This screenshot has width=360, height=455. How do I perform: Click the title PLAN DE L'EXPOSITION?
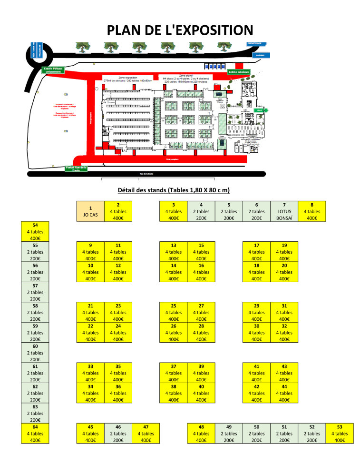coord(180,30)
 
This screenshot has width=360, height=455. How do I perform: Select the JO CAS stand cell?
coord(90,211)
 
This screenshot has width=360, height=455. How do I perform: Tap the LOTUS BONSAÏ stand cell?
coord(284,211)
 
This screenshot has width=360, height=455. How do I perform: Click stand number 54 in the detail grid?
coord(35,231)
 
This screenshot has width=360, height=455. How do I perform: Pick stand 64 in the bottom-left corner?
coord(35,433)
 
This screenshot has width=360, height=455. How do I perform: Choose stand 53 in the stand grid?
coord(340,433)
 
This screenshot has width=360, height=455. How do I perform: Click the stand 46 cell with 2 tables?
coord(118,433)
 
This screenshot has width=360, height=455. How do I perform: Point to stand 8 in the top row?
coord(312,211)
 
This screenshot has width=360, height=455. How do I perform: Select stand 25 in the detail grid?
coord(174,312)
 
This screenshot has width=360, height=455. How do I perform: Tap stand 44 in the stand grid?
coord(284,393)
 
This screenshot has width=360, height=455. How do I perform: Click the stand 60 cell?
coord(35,353)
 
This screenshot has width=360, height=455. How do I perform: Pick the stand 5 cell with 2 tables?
coord(229,211)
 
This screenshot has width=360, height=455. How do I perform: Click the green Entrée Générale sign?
coord(239,72)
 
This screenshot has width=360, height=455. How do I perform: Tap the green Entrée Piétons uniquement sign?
coord(54,70)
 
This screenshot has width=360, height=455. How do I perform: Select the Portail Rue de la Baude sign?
coord(76,168)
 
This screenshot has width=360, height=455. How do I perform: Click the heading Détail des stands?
coord(174,190)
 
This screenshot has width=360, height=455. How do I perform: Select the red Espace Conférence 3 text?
coord(62,104)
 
